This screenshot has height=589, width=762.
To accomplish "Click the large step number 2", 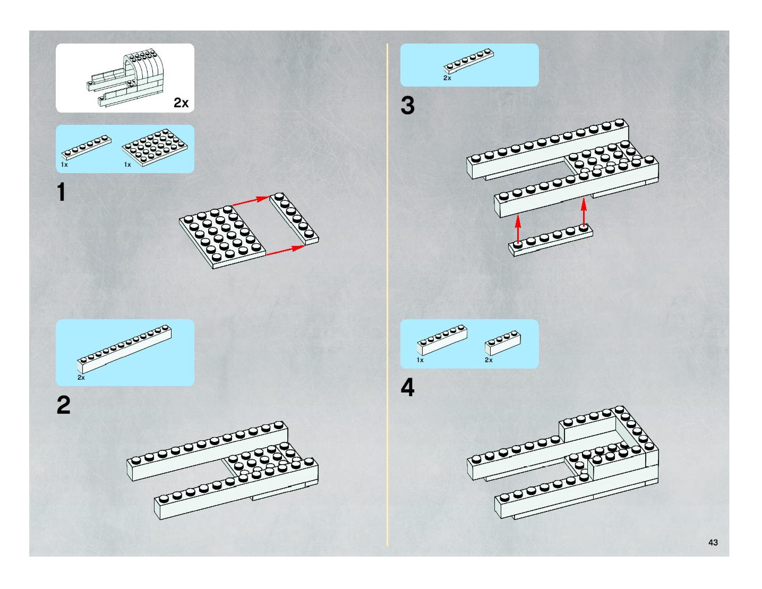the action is click(63, 405).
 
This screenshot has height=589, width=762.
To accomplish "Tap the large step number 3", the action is click(408, 105).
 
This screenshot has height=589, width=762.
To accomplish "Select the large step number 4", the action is click(408, 388).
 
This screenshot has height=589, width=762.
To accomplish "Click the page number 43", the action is click(713, 542).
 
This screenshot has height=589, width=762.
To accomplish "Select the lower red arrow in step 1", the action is click(285, 250).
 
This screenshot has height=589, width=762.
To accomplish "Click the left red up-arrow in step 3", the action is click(518, 229).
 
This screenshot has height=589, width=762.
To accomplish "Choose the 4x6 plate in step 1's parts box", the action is click(155, 148).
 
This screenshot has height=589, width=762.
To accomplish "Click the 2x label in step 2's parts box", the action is click(81, 378).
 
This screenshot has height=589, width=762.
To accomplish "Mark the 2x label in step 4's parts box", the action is click(489, 360).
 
